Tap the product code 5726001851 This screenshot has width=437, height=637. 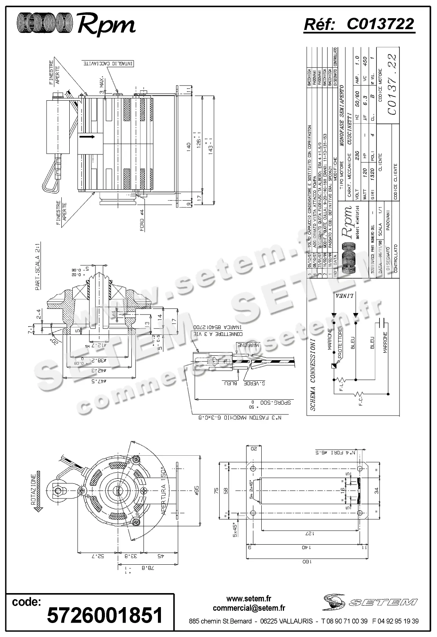click(x=105, y=615)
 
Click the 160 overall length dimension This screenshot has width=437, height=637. click(x=305, y=562)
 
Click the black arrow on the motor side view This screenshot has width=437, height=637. click(x=90, y=137)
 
